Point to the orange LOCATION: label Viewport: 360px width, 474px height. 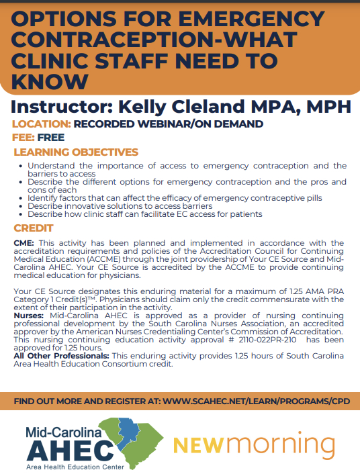point(42,124)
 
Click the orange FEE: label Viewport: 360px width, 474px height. point(24,138)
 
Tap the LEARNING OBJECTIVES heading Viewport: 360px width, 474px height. point(76,152)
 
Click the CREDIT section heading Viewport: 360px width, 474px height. point(34,228)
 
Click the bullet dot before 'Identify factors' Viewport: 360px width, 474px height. point(21,198)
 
